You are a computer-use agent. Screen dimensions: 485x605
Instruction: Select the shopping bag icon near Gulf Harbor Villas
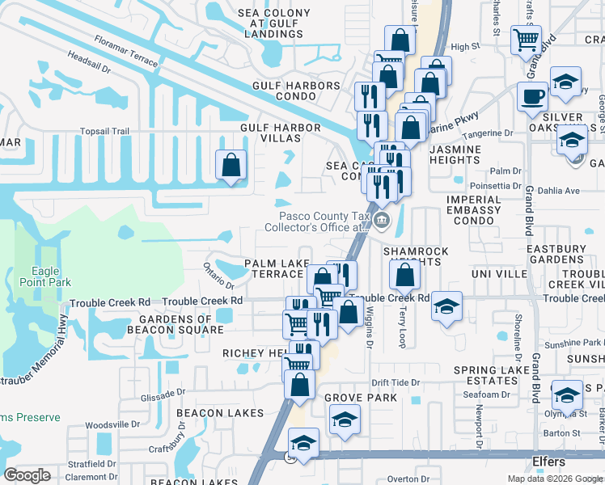pyautogui.click(x=231, y=165)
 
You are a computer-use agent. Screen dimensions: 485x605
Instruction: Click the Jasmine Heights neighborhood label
pyautogui.click(x=455, y=155)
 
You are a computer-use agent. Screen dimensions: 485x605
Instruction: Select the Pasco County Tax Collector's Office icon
pyautogui.click(x=382, y=219)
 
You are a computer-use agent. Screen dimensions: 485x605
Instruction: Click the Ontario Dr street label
pyautogui.click(x=218, y=276)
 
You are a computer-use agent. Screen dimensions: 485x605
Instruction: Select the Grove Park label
pyautogui.click(x=361, y=398)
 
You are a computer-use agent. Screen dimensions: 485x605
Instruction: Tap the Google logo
pyautogui.click(x=27, y=475)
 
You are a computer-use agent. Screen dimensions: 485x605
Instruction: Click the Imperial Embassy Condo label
pyautogui.click(x=473, y=209)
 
